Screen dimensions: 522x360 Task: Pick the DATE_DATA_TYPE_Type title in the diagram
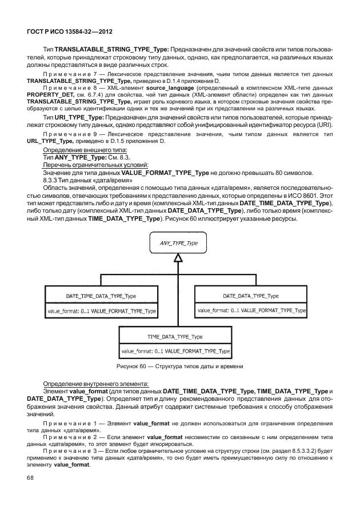(x=250, y=296)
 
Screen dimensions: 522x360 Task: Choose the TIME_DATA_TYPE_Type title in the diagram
(x=175, y=337)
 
